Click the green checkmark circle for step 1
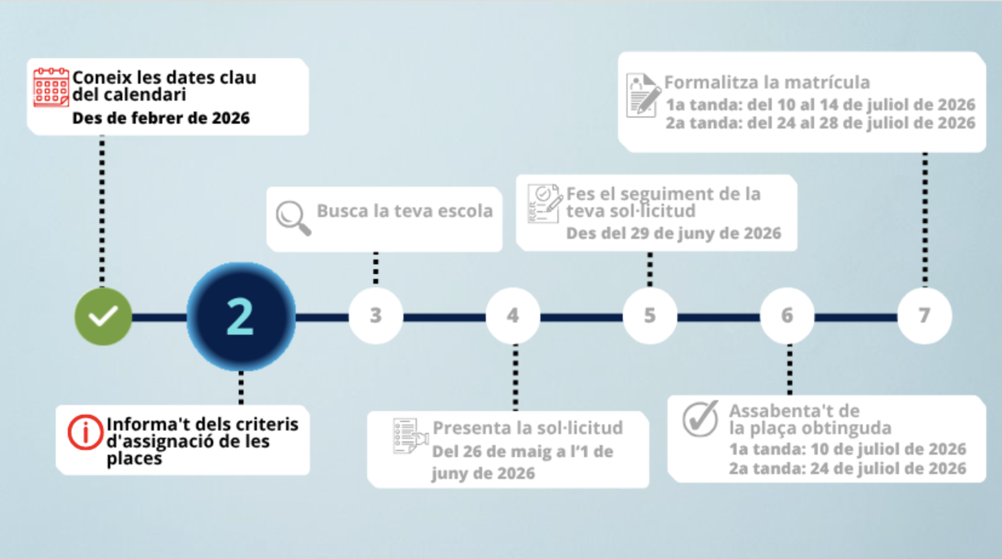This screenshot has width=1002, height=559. [x=103, y=316]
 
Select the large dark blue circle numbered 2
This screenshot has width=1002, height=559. [x=241, y=316]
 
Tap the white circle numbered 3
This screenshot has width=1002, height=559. [x=376, y=316]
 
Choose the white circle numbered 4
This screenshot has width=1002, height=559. [x=513, y=316]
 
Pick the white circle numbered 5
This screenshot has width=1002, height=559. [x=649, y=316]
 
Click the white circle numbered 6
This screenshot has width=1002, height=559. [x=786, y=316]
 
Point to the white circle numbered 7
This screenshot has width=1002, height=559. [x=924, y=316]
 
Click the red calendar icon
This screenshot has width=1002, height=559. [x=51, y=87]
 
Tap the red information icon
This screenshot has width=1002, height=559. [x=85, y=432]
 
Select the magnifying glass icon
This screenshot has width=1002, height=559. [x=293, y=217]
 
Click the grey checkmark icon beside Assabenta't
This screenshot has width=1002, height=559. [x=700, y=418]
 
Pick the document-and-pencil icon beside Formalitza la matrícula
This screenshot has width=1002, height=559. [x=642, y=95]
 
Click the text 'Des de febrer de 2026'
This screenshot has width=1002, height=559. [x=161, y=118]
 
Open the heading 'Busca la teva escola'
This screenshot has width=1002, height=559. [x=405, y=211]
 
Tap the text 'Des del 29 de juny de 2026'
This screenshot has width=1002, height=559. [x=673, y=233]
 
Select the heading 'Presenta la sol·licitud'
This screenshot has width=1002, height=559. [x=527, y=428]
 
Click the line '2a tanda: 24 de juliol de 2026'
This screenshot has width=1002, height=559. [x=847, y=469]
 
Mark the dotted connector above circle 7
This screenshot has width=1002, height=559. [x=924, y=218]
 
